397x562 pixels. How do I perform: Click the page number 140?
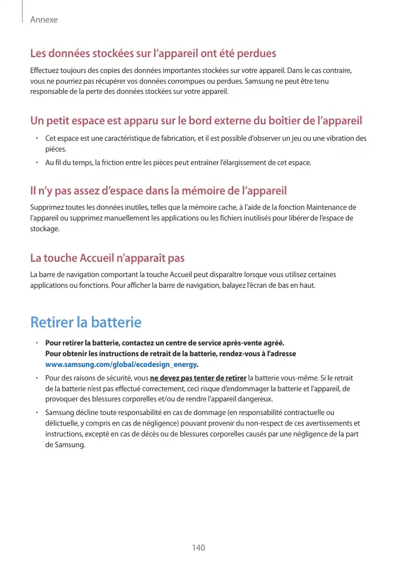click(198, 548)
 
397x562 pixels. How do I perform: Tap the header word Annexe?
click(44, 20)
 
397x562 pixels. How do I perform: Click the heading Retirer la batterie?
click(85, 323)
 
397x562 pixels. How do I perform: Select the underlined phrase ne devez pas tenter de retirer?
click(198, 378)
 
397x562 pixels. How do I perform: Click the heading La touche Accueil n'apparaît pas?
click(107, 258)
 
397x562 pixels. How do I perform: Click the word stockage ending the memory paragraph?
click(44, 229)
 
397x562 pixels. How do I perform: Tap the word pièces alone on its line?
click(55, 149)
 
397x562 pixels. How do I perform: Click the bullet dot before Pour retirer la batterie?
click(36, 343)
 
